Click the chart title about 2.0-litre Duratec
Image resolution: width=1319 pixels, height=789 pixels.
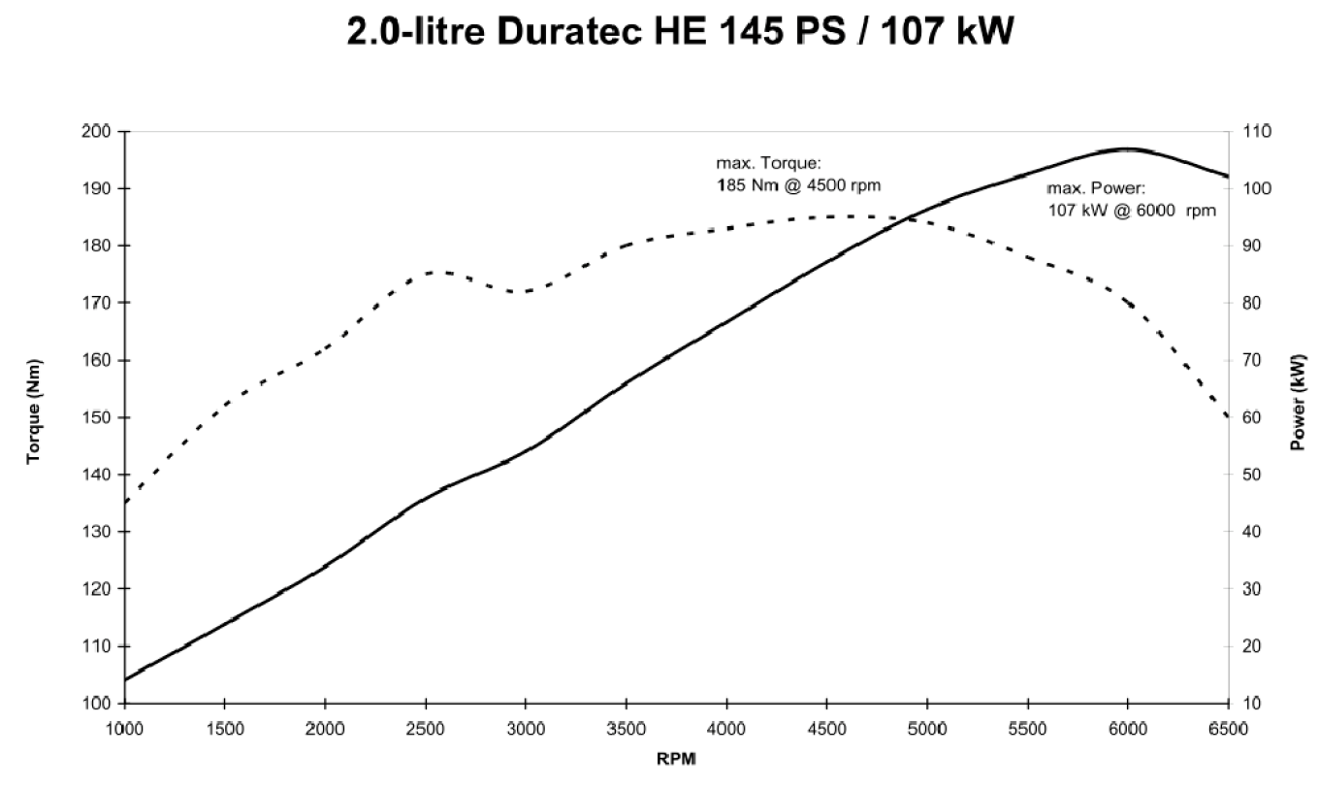680,31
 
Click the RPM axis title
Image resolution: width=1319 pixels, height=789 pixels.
676,759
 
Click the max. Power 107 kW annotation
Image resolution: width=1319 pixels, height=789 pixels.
1131,199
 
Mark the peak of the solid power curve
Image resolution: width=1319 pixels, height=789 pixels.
1126,148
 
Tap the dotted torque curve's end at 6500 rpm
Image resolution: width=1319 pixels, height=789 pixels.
1228,416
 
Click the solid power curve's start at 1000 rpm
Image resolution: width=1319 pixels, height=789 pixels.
125,679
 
